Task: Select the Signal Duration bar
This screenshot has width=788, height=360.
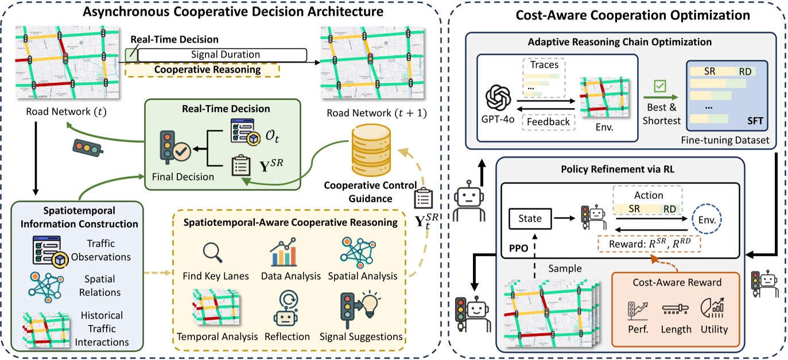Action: tap(222, 55)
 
